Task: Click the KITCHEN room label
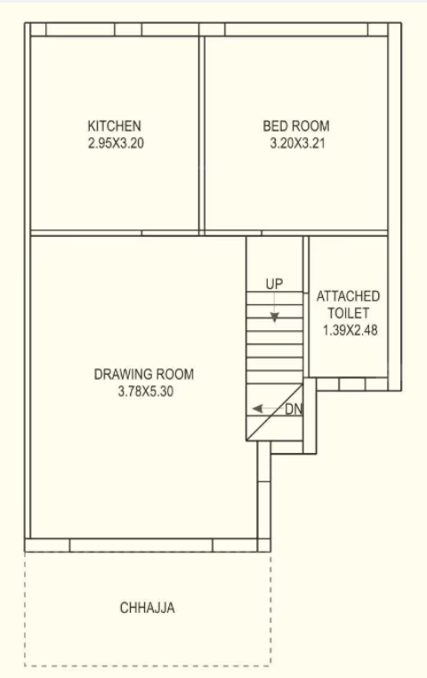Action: (114, 126)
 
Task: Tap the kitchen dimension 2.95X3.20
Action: (116, 142)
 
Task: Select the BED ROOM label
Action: (296, 126)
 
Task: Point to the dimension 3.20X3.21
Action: (296, 142)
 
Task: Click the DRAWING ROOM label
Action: (144, 374)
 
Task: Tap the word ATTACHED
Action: (348, 295)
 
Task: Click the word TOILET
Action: (348, 312)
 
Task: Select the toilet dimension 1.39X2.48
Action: (348, 329)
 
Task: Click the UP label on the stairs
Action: (275, 284)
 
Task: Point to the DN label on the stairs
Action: (294, 409)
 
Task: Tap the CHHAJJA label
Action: (148, 609)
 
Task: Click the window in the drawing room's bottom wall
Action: (141, 545)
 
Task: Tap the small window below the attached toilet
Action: (352, 384)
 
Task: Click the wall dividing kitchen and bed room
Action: (202, 133)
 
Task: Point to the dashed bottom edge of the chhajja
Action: (148, 666)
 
